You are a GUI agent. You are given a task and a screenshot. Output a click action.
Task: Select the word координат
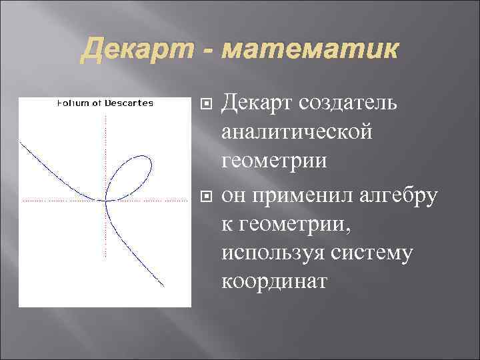click(x=274, y=282)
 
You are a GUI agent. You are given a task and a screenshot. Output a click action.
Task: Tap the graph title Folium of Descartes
click(x=105, y=103)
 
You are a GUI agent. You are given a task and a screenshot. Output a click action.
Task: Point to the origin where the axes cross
click(x=105, y=199)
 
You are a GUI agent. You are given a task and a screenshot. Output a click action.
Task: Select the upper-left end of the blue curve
click(x=21, y=141)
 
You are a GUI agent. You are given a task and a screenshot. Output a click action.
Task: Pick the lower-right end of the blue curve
click(x=164, y=287)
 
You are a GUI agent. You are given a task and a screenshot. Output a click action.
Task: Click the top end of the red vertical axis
click(x=105, y=115)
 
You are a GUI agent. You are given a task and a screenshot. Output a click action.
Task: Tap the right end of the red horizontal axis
click(x=186, y=199)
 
